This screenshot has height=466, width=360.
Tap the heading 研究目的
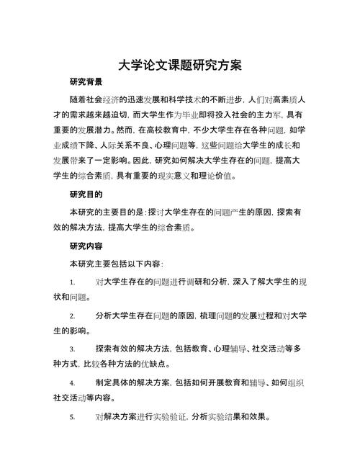pos(86,194)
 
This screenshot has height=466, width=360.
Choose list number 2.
pos(72,316)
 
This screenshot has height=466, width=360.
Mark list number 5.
pos(72,417)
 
